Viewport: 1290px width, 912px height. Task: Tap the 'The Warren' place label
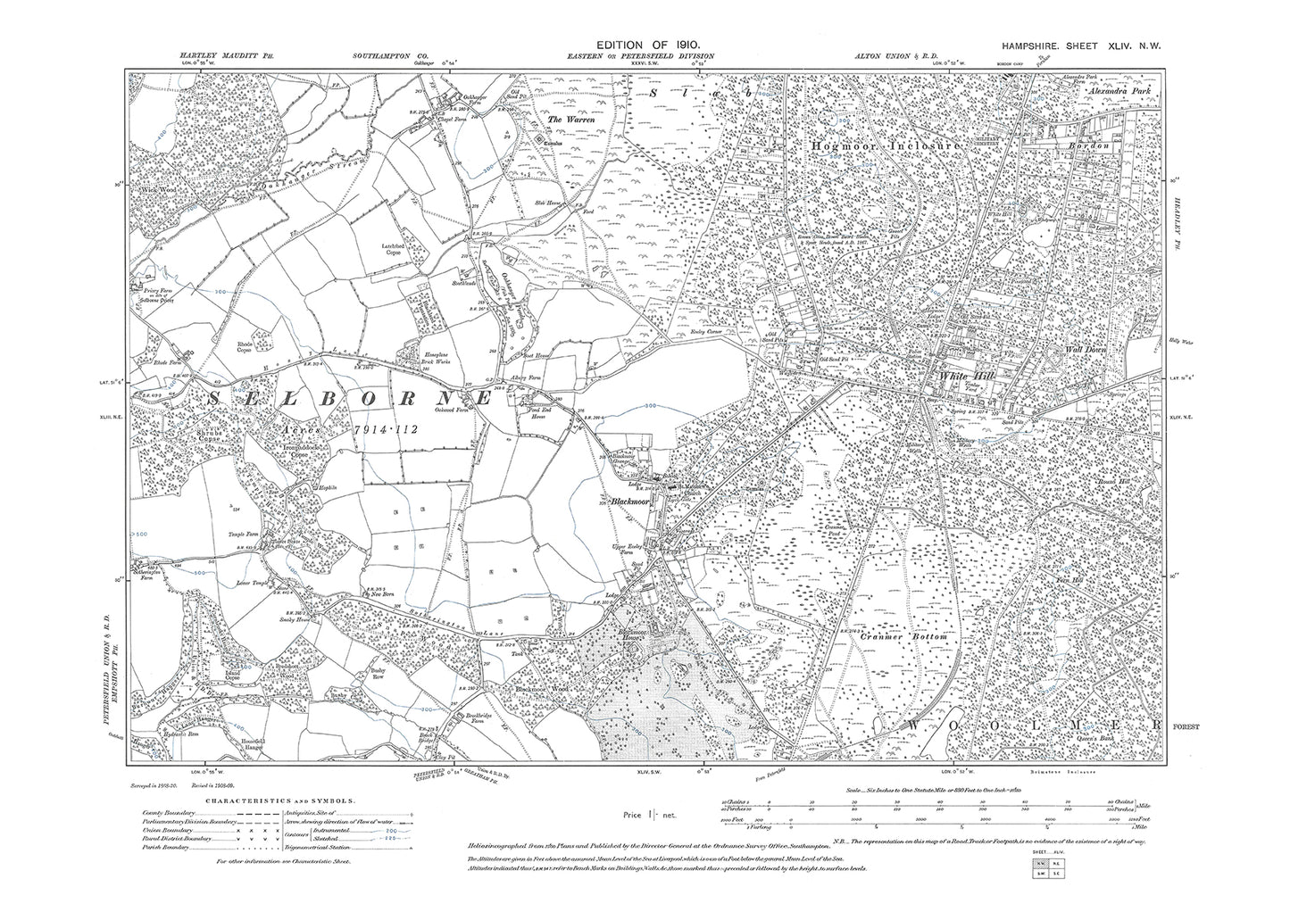coord(566,120)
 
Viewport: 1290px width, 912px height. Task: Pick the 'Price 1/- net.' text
coord(651,816)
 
